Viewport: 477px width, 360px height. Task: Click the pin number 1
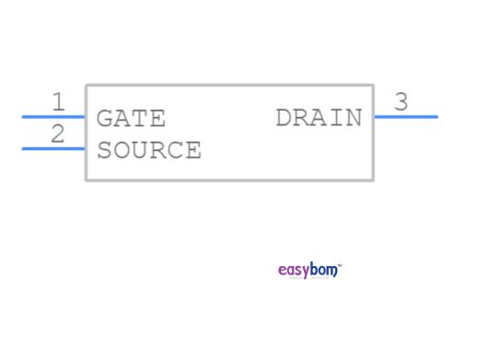[x=58, y=101]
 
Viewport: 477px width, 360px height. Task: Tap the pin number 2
[x=58, y=134]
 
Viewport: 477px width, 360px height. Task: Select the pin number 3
[x=401, y=102]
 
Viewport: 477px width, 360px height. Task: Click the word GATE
[x=131, y=119]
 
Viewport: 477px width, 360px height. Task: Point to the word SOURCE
[x=148, y=150]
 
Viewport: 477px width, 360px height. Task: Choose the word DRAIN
[x=319, y=118]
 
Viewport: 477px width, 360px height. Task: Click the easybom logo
[x=309, y=270]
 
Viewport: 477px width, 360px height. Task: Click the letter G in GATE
[x=104, y=119]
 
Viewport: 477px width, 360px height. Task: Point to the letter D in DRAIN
[x=284, y=118]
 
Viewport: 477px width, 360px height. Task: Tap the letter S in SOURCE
[x=104, y=150]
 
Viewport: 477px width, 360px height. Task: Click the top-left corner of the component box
[x=87, y=86]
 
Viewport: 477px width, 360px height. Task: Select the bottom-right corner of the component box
[x=373, y=180]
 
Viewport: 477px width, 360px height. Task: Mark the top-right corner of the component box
[x=373, y=86]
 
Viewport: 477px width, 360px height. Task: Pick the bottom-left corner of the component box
[x=87, y=180]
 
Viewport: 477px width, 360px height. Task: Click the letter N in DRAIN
[x=355, y=118]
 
